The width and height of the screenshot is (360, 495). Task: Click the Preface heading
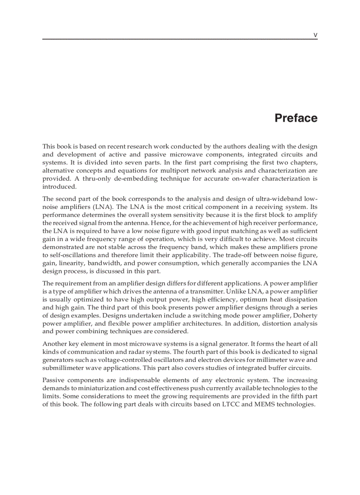296,118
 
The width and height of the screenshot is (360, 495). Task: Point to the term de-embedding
118,179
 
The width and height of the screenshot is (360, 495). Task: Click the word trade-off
241,255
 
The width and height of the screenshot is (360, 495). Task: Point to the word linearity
72,263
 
